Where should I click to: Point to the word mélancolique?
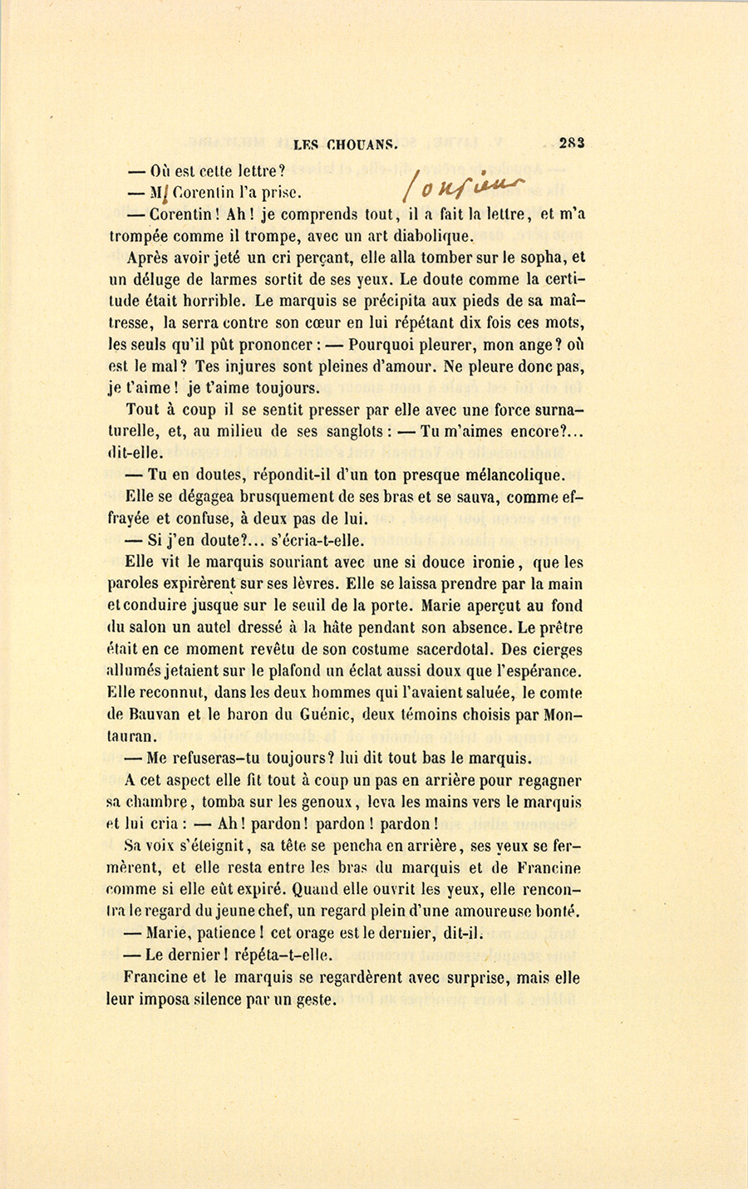coord(510,475)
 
